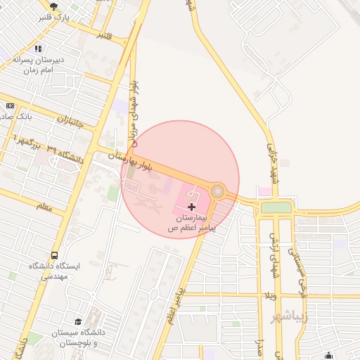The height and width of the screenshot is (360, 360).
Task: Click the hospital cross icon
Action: [192, 206]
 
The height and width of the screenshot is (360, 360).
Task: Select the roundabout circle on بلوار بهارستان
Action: [218, 191]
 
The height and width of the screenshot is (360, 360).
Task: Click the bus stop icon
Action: [54, 256]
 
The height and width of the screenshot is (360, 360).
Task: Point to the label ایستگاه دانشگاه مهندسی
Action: [55, 271]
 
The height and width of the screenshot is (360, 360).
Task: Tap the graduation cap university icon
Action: [78, 321]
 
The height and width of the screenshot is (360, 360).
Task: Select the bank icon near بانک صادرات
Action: [9, 105]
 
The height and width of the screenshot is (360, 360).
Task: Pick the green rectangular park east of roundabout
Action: [276, 207]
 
